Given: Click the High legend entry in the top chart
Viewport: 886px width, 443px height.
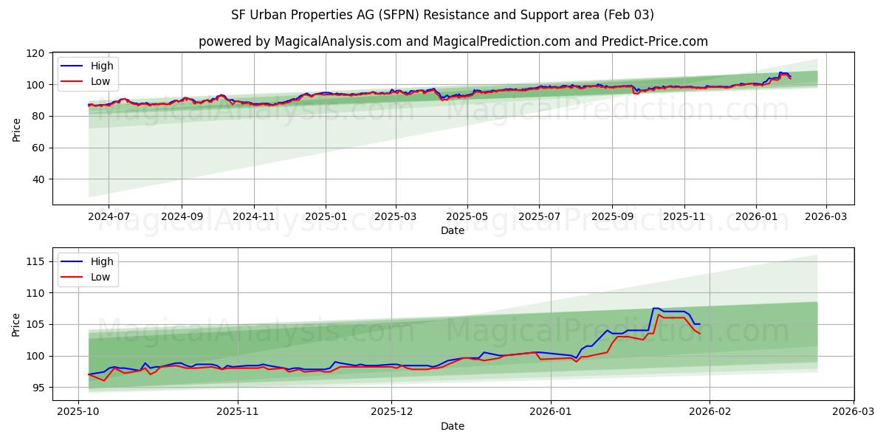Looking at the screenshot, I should [x=102, y=66].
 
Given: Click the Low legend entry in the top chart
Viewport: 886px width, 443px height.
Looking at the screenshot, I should [x=100, y=81].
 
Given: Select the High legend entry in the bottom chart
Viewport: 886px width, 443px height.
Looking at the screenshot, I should [x=102, y=261].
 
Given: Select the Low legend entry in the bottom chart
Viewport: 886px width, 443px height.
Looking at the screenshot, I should [x=100, y=277].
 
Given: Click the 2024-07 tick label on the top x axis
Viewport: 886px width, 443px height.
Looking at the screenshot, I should [x=109, y=216].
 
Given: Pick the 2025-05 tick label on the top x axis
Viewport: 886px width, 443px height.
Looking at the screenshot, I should [x=467, y=216].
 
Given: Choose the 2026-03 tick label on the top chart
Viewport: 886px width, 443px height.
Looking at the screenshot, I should [x=825, y=216].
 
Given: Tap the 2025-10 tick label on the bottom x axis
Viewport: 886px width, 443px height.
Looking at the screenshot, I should [x=78, y=412].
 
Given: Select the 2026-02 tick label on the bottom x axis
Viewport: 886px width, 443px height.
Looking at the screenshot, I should [x=710, y=412].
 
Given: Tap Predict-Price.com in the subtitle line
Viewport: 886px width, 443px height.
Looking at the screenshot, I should [x=652, y=41].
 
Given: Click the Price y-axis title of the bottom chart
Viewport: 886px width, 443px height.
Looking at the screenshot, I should [x=16, y=324].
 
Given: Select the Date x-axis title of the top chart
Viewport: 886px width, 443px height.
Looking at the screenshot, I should [x=453, y=230].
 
